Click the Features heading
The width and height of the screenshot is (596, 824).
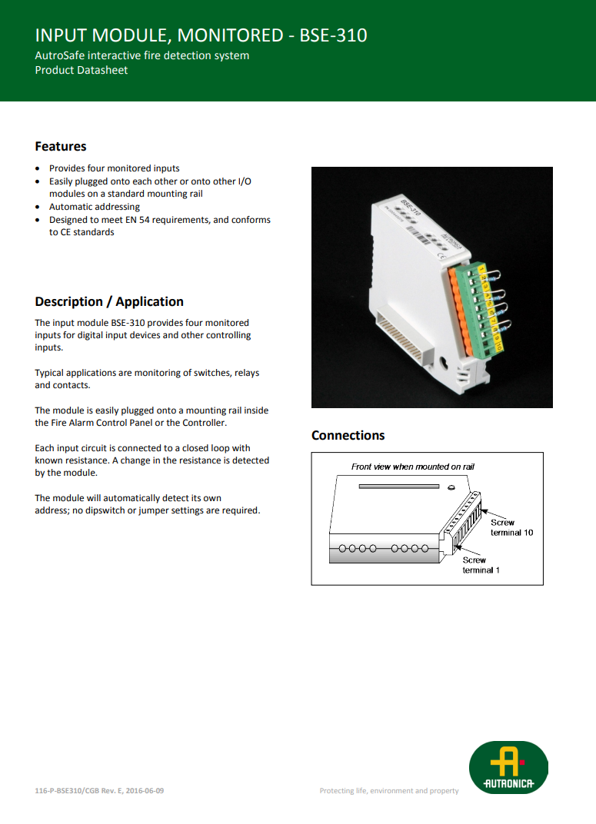61,146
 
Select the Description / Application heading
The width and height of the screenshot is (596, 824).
109,301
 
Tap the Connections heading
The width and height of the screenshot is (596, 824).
348,435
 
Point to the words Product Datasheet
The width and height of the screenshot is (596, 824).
82,70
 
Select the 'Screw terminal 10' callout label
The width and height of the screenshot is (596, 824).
511,527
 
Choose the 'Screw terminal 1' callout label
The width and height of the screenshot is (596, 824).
481,565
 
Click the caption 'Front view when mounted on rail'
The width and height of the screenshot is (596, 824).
413,467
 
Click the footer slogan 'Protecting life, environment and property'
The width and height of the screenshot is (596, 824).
389,791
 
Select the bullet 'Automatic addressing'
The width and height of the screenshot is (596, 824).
95,207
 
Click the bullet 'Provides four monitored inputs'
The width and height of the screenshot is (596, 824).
115,168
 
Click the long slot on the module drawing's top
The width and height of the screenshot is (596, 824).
399,486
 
